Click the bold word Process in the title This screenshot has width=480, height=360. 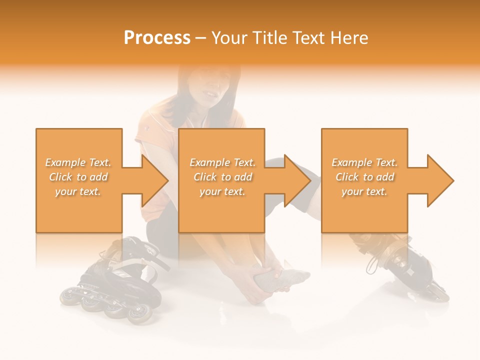click(x=157, y=38)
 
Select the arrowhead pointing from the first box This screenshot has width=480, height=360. click(x=153, y=180)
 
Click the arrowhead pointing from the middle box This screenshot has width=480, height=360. click(x=296, y=180)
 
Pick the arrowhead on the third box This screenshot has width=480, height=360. click(x=439, y=180)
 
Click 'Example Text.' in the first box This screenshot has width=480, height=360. click(x=78, y=162)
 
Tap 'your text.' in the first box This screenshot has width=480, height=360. click(x=78, y=191)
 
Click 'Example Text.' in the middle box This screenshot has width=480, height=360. click(x=222, y=162)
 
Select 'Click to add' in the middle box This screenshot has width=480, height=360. click(x=222, y=177)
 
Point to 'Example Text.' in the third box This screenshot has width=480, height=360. click(x=364, y=162)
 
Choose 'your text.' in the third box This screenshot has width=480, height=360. click(x=364, y=191)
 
